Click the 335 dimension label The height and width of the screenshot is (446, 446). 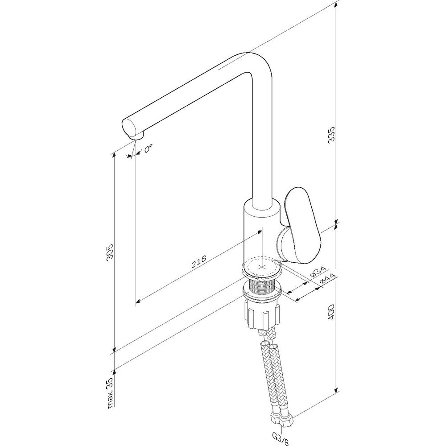pyautogui.click(x=332, y=134)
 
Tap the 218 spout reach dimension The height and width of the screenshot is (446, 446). pyautogui.click(x=198, y=262)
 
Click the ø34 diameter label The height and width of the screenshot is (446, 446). pyautogui.click(x=318, y=271)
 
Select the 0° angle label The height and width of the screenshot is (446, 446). pyautogui.click(x=148, y=148)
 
